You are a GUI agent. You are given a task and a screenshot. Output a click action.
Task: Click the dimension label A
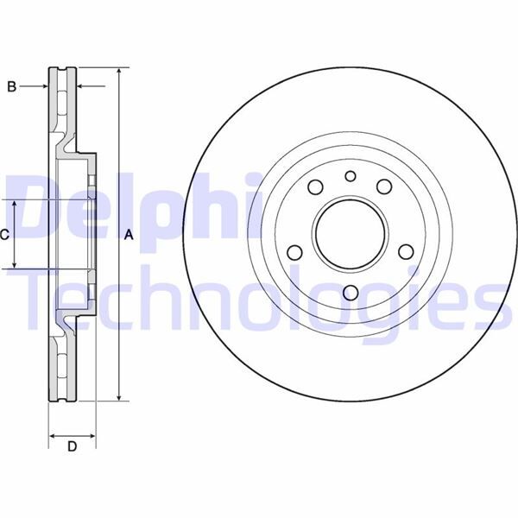coord(129,234)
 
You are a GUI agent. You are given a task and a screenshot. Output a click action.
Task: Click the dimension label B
coord(12,86)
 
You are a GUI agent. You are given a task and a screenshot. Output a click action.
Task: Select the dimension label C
coord(5,234)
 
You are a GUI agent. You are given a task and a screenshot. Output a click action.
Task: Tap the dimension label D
coord(73,446)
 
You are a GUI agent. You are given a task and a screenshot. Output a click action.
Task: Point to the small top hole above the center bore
coord(350,177)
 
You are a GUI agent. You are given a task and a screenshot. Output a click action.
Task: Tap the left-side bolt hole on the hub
coord(294,253)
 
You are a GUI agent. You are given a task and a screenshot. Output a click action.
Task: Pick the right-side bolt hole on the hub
coord(405,253)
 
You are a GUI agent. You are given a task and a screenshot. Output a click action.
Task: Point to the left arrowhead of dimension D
coord(52,433)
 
